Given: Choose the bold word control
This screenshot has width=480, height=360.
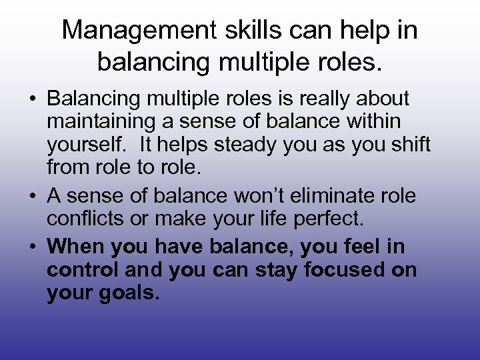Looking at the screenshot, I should (83, 270).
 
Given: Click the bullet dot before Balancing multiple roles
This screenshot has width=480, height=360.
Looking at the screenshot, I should (33, 100).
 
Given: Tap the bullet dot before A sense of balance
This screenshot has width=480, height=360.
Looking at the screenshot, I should (33, 197).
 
